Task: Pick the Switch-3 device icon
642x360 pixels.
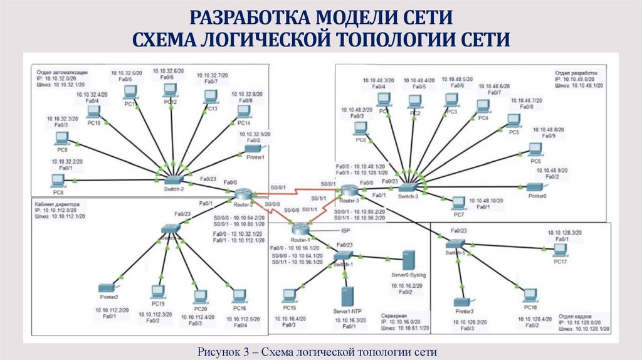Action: [x=408, y=187]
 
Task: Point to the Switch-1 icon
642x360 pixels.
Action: [x=344, y=255]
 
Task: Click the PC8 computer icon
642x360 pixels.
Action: [x=58, y=181]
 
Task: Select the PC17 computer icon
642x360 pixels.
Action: [x=560, y=249]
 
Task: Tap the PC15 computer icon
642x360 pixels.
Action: [x=290, y=295]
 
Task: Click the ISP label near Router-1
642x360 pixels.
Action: [x=345, y=230]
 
